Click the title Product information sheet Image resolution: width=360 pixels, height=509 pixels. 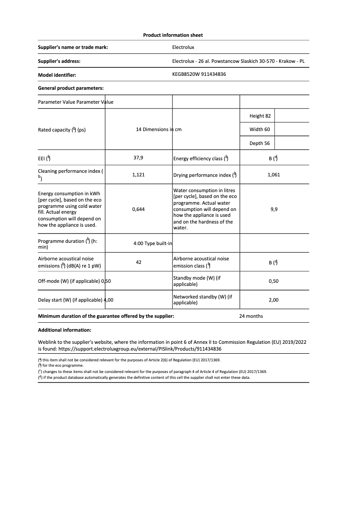click(173, 35)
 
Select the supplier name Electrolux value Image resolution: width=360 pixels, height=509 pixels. click(183, 47)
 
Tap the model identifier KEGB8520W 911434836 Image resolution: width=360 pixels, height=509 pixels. click(199, 75)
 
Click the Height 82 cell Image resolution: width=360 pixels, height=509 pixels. click(260, 116)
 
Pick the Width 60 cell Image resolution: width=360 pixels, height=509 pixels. click(260, 130)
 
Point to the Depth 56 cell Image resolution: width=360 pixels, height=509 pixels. click(260, 144)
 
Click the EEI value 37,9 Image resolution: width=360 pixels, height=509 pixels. click(138, 158)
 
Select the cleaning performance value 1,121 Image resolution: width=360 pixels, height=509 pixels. click(138, 175)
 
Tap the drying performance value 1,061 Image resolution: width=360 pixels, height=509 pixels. click(273, 175)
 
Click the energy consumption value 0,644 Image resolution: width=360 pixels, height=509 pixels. click(138, 209)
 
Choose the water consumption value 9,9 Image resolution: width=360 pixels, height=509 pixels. click(274, 209)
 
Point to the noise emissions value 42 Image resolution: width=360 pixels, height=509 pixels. click(138, 262)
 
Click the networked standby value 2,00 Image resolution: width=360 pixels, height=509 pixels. click(273, 300)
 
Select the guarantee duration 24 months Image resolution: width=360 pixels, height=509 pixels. click(251, 316)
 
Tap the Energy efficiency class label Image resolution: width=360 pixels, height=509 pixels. click(201, 158)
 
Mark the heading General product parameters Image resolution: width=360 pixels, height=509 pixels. click(71, 88)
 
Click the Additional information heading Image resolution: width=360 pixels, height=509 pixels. click(65, 330)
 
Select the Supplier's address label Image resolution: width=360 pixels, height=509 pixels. click(59, 61)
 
